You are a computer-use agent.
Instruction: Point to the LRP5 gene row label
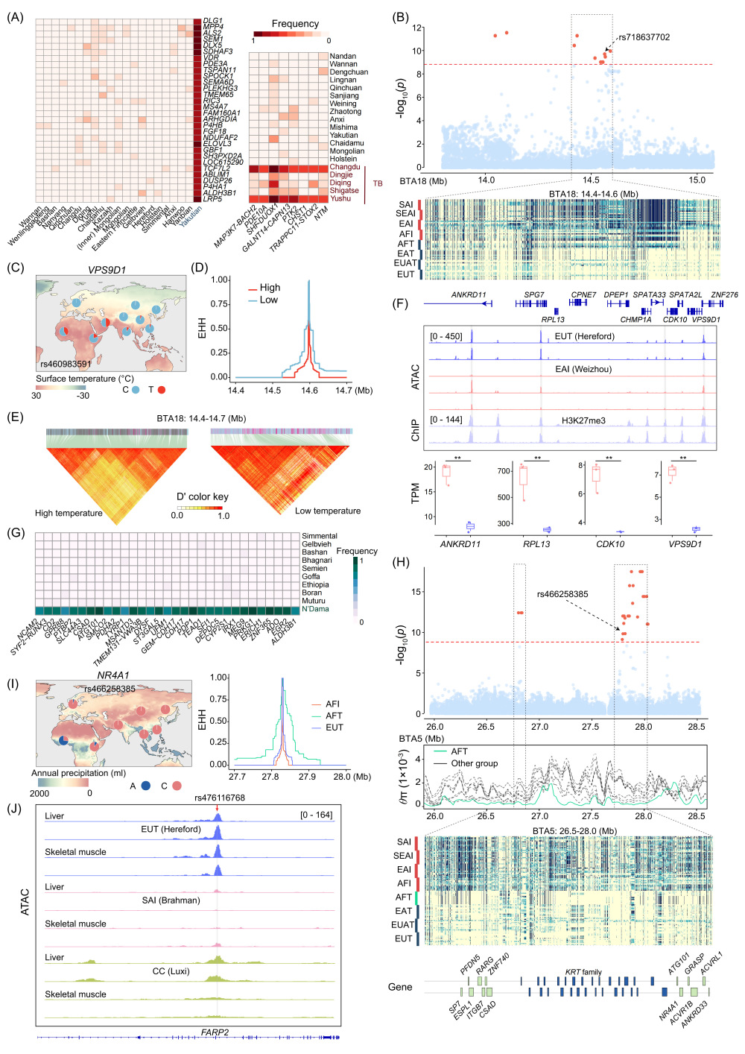(x=212, y=199)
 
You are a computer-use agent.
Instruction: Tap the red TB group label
(x=378, y=183)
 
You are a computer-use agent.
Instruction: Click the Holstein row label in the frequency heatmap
(x=343, y=159)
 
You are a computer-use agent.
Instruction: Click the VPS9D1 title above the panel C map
(x=107, y=270)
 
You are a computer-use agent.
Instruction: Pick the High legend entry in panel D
(x=270, y=288)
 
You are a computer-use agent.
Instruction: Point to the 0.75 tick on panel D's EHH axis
(x=219, y=304)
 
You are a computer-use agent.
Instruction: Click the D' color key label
(x=202, y=496)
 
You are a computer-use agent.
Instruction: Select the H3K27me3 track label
(x=583, y=420)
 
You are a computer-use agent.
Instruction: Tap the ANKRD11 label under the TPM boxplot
(x=460, y=544)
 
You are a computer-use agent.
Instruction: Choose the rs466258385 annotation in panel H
(x=562, y=594)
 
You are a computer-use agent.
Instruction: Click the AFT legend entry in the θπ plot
(x=459, y=751)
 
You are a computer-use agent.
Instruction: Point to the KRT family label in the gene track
(x=583, y=972)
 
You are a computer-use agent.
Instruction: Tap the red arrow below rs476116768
(x=217, y=807)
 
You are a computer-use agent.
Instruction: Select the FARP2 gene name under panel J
(x=215, y=1032)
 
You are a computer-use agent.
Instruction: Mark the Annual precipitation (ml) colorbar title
(x=78, y=773)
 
